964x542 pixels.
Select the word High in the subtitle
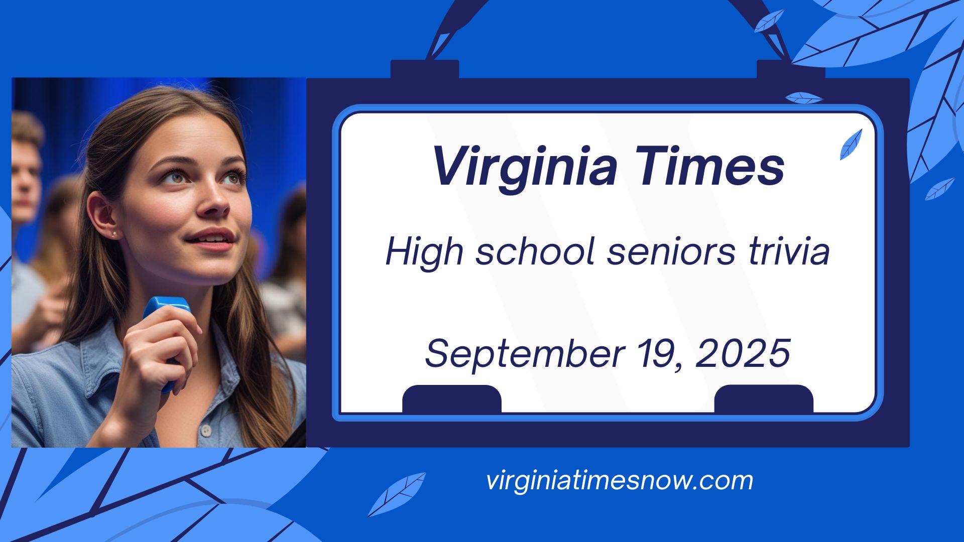(x=424, y=252)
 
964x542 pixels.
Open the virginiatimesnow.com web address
(x=620, y=480)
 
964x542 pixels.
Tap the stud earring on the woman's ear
(x=113, y=234)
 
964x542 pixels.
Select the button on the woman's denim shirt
(x=205, y=431)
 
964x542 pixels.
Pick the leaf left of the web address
(x=396, y=494)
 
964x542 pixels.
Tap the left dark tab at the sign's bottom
(x=452, y=399)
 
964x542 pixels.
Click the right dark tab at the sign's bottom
(x=764, y=399)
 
